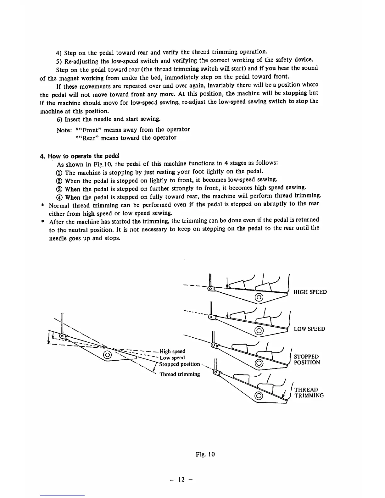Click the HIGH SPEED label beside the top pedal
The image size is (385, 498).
(310, 292)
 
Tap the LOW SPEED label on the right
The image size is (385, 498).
(310, 329)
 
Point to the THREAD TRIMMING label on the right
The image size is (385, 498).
(309, 393)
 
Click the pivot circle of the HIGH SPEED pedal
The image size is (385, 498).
(259, 297)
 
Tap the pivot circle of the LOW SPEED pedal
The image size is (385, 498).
(259, 330)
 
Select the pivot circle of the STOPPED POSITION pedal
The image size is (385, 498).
(259, 364)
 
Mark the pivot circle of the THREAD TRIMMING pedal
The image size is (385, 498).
(259, 395)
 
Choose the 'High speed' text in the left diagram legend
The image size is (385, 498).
(172, 351)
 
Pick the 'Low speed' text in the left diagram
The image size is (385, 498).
(172, 358)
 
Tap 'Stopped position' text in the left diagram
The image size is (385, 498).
(179, 364)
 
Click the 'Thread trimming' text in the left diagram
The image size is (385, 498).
(180, 374)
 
